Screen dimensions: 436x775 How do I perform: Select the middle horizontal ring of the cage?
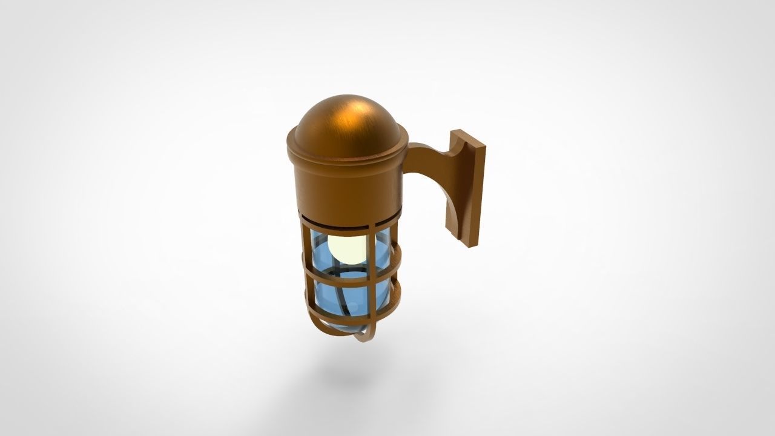click(351, 275)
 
